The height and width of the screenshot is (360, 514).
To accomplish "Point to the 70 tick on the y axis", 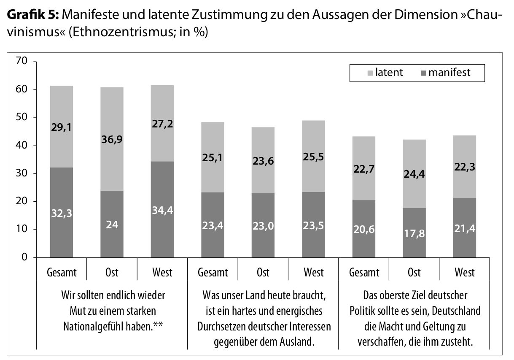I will click(x=22, y=62).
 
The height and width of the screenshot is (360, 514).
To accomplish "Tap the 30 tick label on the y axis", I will click(x=22, y=173).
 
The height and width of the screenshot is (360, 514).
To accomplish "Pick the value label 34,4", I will click(x=162, y=211).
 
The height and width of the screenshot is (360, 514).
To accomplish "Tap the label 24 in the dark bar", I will click(x=112, y=225).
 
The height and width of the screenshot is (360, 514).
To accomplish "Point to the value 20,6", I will click(x=363, y=230).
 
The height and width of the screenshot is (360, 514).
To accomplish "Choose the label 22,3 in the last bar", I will click(x=464, y=167).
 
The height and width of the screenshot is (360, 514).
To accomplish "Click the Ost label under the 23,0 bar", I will click(x=263, y=272).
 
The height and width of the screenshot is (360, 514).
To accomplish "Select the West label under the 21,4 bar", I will click(x=464, y=272).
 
